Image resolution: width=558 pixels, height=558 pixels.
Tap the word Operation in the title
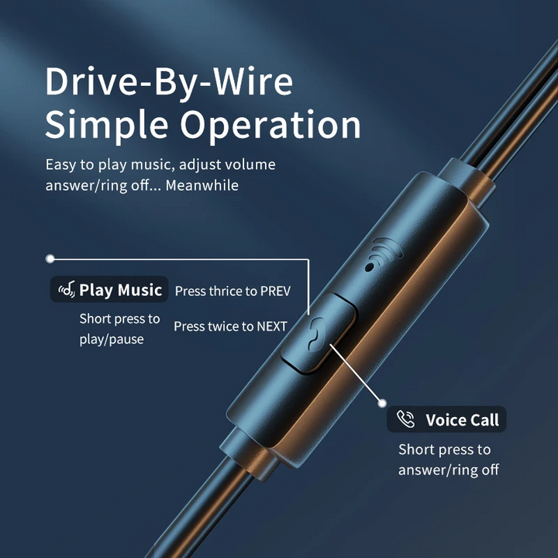pyautogui.click(x=270, y=126)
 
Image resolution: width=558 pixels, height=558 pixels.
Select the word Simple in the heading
pyautogui.click(x=106, y=126)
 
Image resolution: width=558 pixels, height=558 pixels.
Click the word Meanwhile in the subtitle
pyautogui.click(x=201, y=185)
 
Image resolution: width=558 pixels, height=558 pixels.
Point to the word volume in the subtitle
pyautogui.click(x=251, y=165)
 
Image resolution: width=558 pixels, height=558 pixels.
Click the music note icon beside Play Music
pyautogui.click(x=67, y=290)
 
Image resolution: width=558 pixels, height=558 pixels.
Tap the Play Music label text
pyautogui.click(x=121, y=290)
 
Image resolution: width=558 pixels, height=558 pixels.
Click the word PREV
pyautogui.click(x=275, y=291)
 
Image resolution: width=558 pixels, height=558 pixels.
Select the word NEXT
pyautogui.click(x=272, y=326)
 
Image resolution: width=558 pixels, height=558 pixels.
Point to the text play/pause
pyautogui.click(x=112, y=339)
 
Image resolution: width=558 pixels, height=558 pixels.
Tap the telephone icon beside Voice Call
pyautogui.click(x=405, y=419)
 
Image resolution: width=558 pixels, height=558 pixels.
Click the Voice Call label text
pyautogui.click(x=462, y=420)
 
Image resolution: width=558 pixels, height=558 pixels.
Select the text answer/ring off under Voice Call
pyautogui.click(x=449, y=470)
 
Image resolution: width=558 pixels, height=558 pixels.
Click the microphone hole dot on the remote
pyautogui.click(x=370, y=267)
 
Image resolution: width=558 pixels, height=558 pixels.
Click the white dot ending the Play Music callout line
pyautogui.click(x=50, y=259)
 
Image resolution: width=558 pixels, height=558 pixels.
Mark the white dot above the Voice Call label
pyautogui.click(x=383, y=403)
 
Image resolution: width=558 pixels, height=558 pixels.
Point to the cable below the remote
pyautogui.click(x=199, y=512)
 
